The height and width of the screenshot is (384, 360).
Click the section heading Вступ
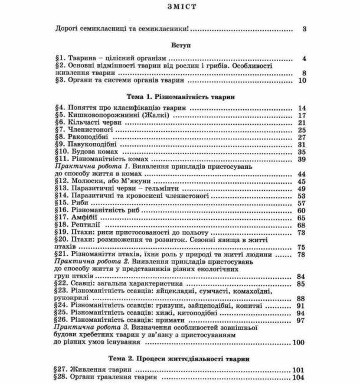(180, 44)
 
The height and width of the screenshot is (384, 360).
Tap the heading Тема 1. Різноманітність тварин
(180, 95)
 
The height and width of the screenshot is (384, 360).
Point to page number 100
(298, 342)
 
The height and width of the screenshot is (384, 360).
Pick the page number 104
(298, 377)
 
